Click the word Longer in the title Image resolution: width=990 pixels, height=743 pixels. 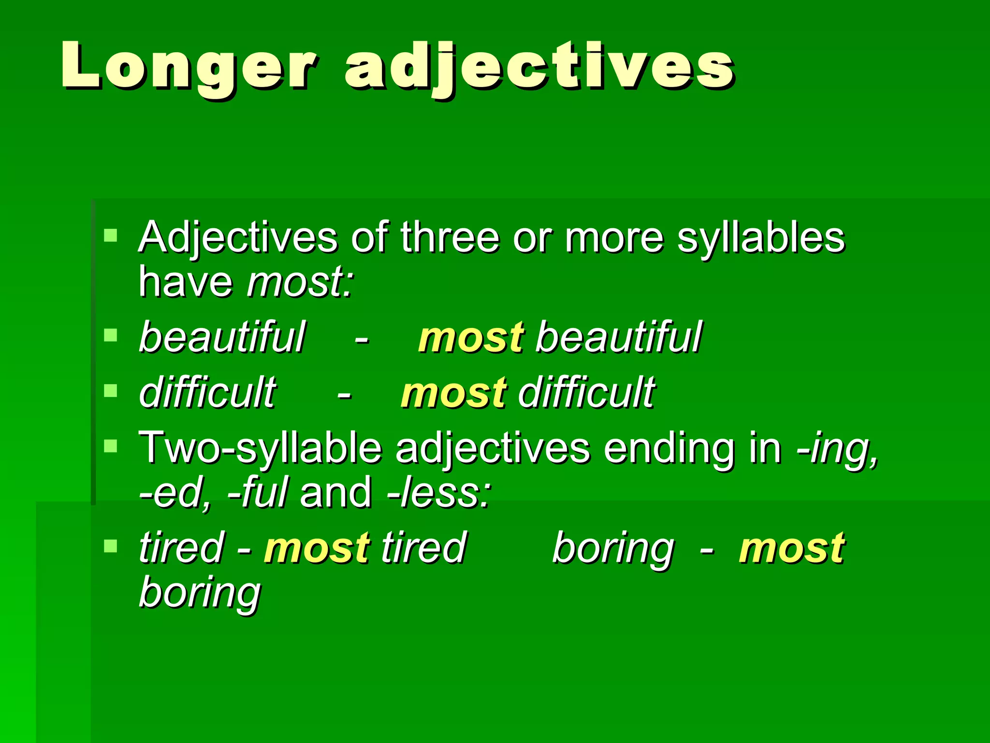coord(189,66)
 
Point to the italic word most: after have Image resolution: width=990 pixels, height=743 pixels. coord(300,282)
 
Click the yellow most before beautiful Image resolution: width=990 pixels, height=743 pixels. coord(471,337)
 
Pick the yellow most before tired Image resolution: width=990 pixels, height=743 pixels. coord(317,548)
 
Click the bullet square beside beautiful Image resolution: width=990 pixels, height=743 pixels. coord(111,335)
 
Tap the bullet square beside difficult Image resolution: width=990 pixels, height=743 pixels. coord(111,390)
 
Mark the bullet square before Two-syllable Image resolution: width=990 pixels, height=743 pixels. coord(111,446)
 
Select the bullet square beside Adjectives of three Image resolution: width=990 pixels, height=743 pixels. coord(111,236)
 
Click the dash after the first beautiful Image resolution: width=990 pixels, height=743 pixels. coord(362,338)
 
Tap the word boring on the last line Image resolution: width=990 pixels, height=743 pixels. coord(200,593)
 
